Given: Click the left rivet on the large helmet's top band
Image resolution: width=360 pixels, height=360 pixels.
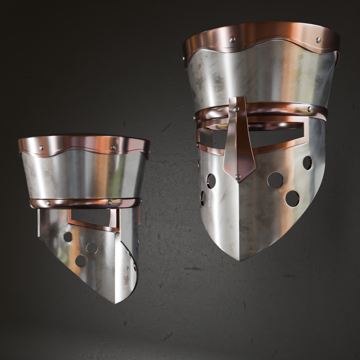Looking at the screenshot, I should pos(232,39).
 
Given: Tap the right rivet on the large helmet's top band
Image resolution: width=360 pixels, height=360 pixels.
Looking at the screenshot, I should pos(318,40).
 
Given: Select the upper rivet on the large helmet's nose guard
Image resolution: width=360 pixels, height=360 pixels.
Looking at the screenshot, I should pos(236,109).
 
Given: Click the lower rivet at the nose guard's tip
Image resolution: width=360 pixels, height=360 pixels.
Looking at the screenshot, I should pos(238,177).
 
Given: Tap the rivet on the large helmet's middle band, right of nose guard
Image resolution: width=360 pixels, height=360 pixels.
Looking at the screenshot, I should pos(310,109).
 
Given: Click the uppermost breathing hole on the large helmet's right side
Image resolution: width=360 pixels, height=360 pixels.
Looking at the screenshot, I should pos(307,162).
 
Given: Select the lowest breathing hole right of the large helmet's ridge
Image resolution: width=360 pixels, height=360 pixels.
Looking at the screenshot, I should pos(292,199).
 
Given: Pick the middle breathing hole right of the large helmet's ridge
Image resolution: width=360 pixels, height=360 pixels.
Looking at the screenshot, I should pos(275,180).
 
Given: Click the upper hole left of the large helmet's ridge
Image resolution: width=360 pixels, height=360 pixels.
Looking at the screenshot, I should pos(211,181).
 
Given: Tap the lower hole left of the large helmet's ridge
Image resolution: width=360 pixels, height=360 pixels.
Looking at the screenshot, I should pos(203,198).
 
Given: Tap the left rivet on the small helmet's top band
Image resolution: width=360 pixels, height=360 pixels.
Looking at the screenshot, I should pos(41,148).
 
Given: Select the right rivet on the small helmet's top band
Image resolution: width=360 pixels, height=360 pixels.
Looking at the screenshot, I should pos(114,148).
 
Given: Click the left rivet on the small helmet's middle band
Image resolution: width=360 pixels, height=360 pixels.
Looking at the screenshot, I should pos(48,203).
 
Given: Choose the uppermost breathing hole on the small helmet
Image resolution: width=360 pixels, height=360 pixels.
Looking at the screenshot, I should pos(68,237).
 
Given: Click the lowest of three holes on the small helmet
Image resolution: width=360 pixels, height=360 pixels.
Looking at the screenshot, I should pos(81,261).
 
